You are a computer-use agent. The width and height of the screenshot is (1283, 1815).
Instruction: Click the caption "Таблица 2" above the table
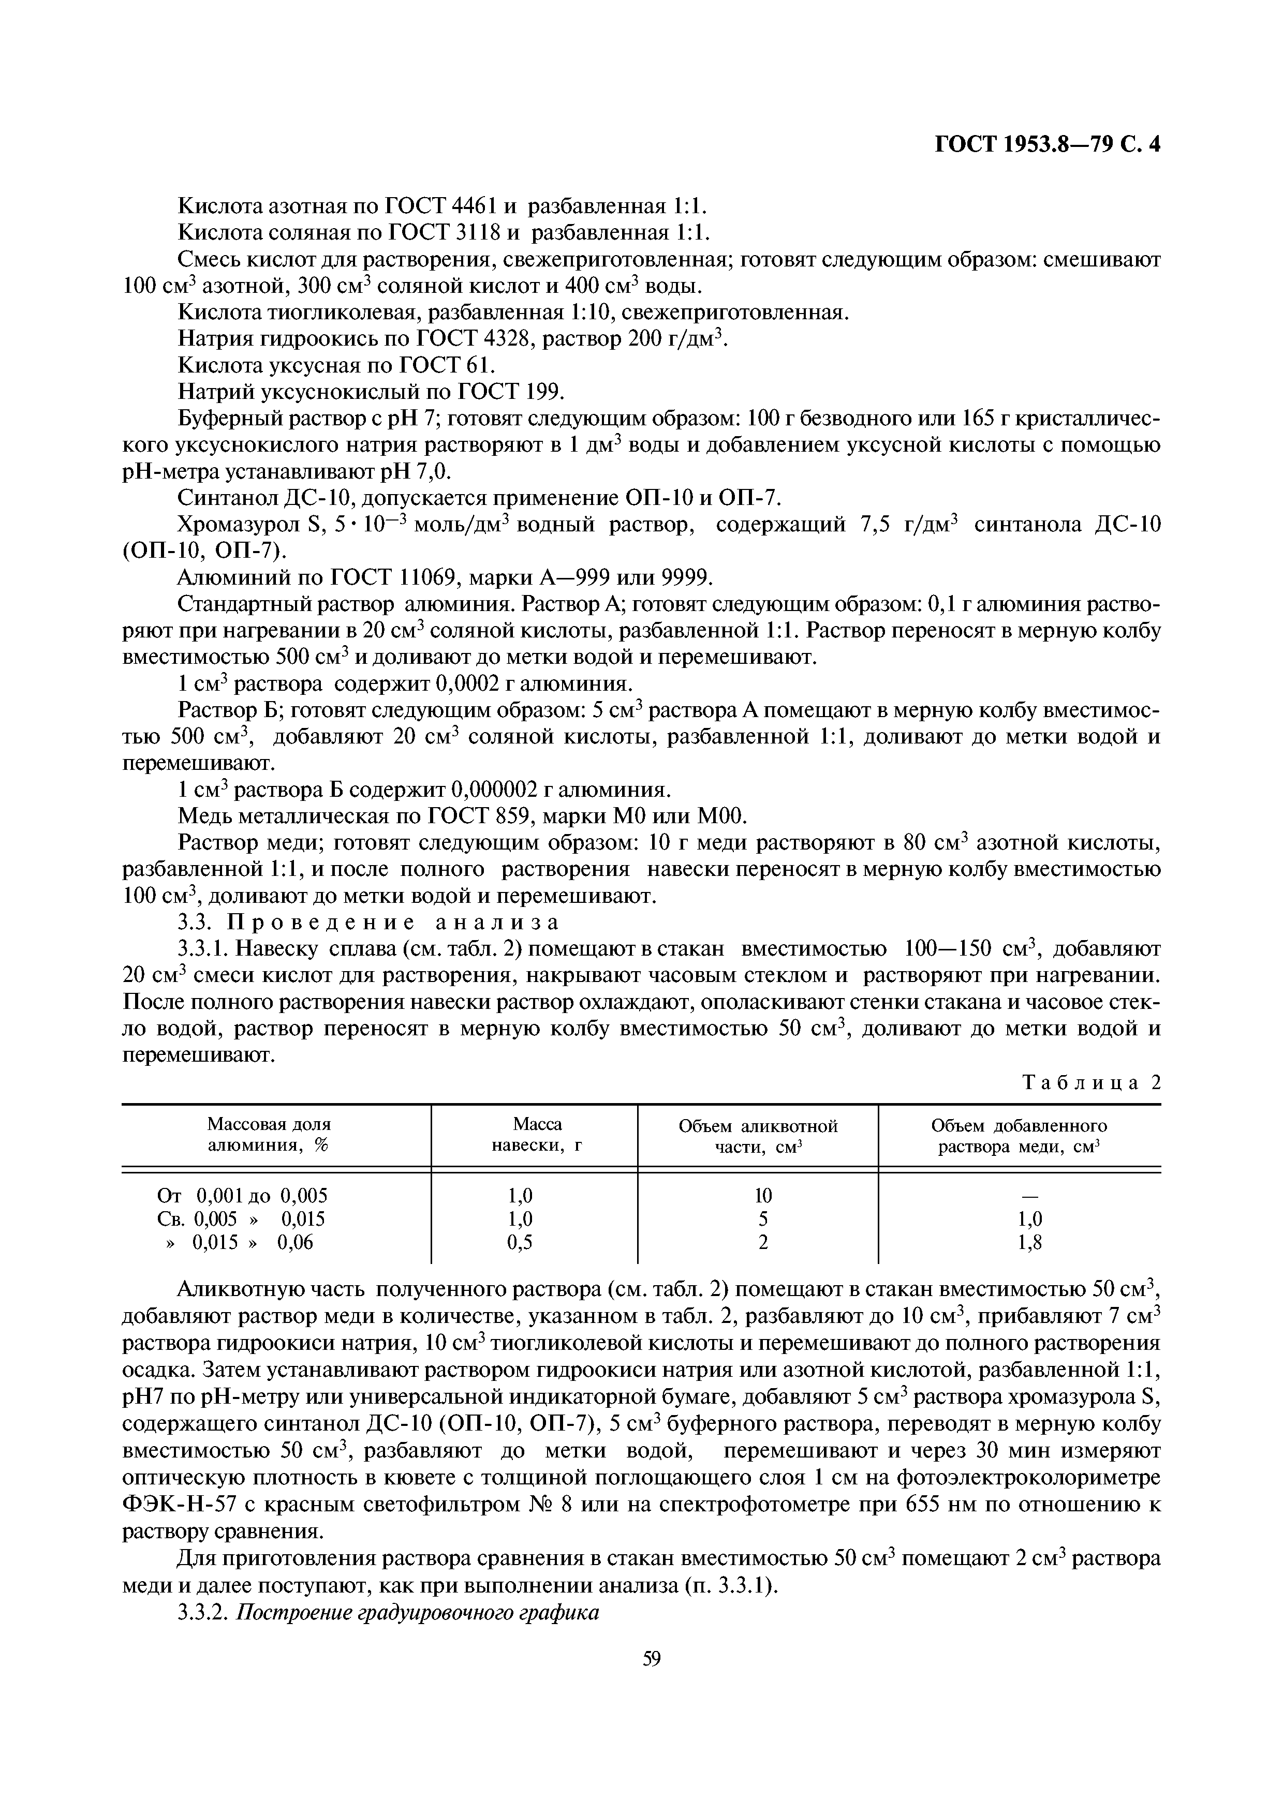tap(1091, 1082)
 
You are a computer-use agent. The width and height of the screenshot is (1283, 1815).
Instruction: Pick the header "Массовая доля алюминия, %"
tap(269, 1135)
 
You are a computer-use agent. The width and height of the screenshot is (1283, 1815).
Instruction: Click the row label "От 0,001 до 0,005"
tap(243, 1195)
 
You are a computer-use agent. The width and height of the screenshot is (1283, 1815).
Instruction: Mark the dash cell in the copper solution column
tap(1030, 1195)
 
